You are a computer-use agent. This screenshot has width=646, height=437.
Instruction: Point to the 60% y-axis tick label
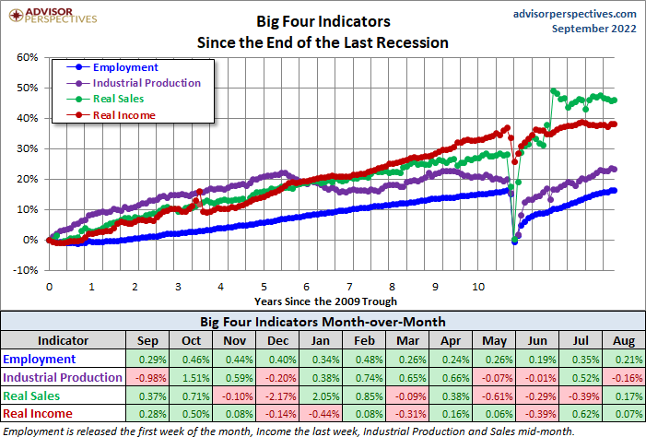point(27,57)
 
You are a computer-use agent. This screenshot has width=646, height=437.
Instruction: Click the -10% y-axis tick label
point(26,270)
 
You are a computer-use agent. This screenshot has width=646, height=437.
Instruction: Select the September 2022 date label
point(593,30)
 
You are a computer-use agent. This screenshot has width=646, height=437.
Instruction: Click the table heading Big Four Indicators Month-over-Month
point(323,322)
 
